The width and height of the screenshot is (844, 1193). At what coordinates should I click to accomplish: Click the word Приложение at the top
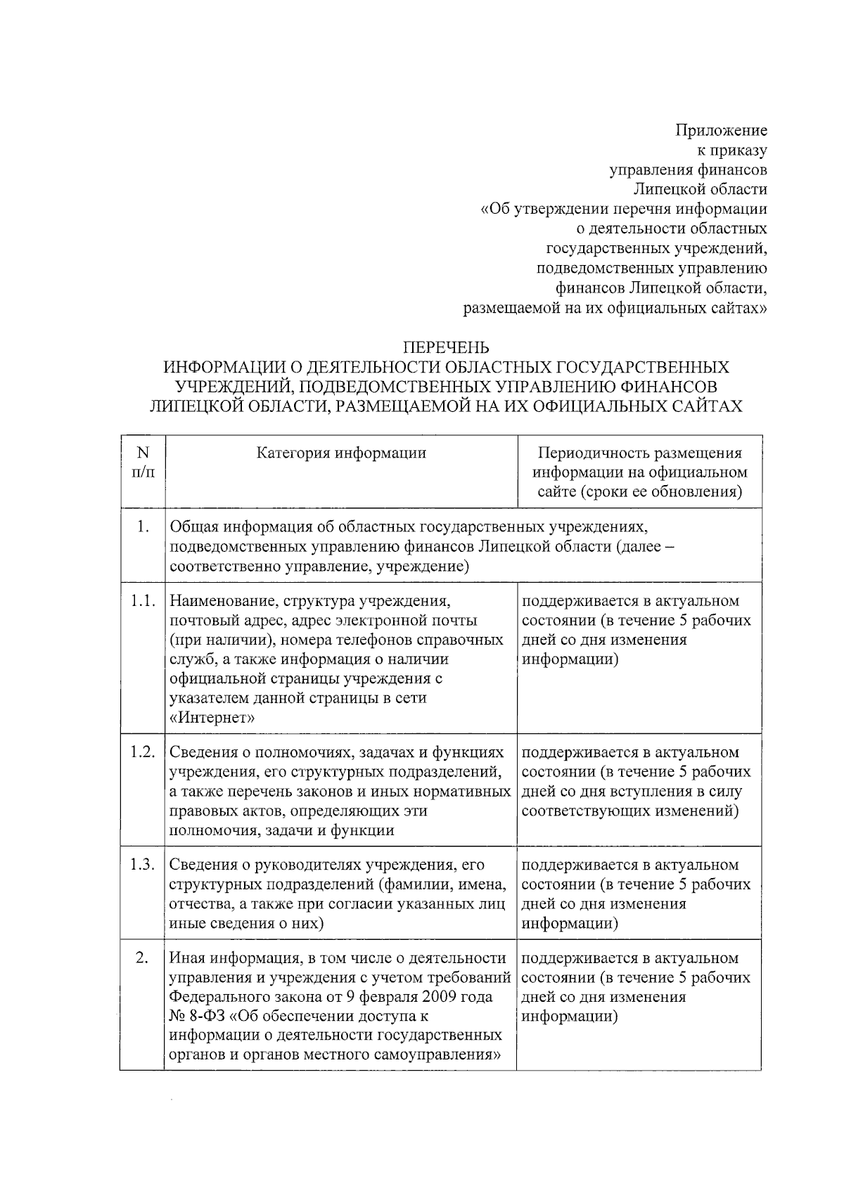pyautogui.click(x=721, y=131)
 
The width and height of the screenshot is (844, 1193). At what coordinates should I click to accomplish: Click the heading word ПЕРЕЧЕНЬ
pyautogui.click(x=446, y=348)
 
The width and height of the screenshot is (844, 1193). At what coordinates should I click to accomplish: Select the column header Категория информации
pyautogui.click(x=341, y=453)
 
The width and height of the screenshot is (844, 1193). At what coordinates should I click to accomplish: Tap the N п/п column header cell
pyautogui.click(x=143, y=463)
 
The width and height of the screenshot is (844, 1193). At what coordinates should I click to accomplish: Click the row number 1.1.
pyautogui.click(x=143, y=602)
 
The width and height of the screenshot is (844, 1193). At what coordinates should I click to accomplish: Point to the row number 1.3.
pyautogui.click(x=143, y=865)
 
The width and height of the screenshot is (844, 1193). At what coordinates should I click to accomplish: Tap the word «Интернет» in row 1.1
pyautogui.click(x=212, y=718)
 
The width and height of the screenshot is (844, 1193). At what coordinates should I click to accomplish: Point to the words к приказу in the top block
pyautogui.click(x=731, y=150)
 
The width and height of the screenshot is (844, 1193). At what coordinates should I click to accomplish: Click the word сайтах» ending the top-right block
pyautogui.click(x=741, y=308)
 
